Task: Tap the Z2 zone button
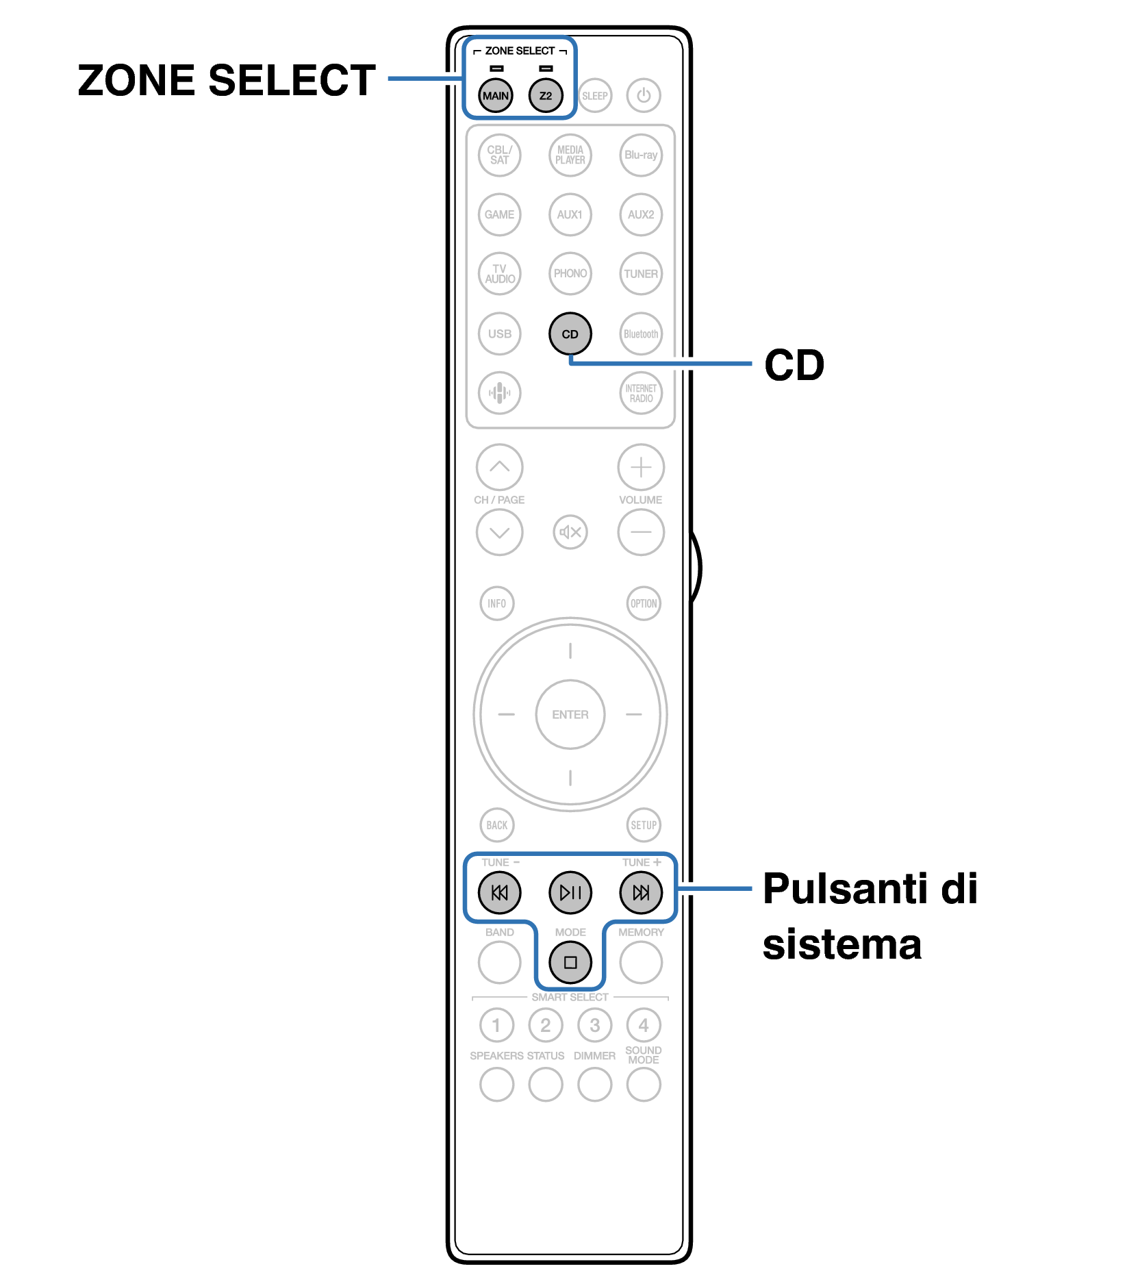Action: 545,95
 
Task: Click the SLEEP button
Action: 594,95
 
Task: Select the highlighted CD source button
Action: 570,333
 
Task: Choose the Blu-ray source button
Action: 640,155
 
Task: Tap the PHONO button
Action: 570,273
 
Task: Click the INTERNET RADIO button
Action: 640,393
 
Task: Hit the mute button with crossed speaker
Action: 570,532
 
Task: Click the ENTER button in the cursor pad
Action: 570,714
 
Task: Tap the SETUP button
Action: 643,824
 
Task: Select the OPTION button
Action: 643,603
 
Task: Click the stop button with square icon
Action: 570,962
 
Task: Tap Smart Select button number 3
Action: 594,1025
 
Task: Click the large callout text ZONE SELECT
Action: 227,80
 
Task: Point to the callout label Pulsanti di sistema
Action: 870,916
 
